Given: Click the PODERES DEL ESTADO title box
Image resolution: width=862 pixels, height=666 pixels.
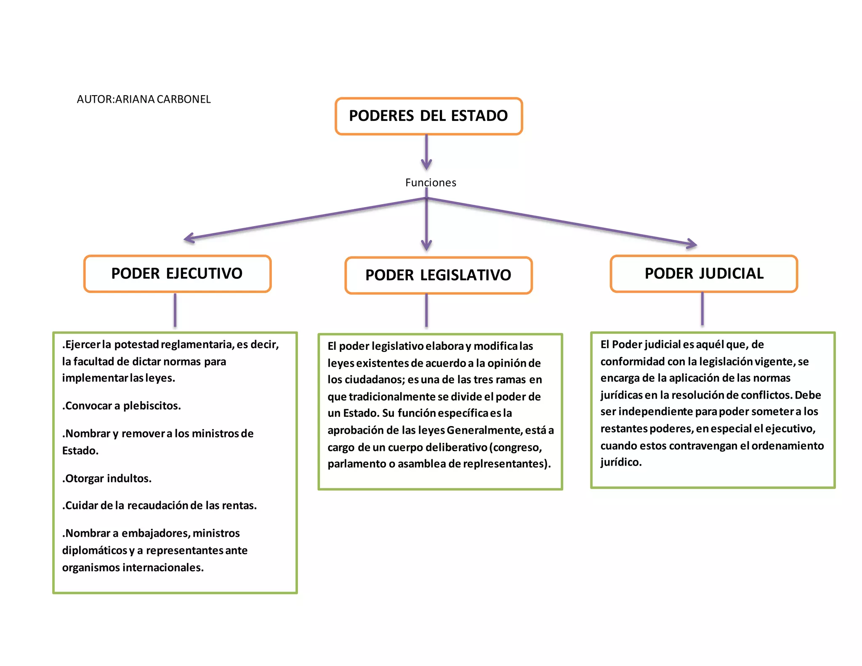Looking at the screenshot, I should click(428, 116).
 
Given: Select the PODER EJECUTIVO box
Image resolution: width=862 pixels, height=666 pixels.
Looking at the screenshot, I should click(177, 274).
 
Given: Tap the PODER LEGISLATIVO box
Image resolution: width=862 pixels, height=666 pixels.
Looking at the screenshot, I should click(438, 275).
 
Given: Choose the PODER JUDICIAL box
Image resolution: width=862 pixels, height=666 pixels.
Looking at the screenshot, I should click(704, 274).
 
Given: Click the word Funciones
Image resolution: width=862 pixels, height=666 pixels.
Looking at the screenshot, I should click(431, 183).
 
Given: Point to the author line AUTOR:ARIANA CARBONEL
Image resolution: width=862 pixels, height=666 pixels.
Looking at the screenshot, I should click(144, 99).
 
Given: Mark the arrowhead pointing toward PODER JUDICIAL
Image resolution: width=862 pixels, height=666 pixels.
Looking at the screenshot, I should click(692, 244).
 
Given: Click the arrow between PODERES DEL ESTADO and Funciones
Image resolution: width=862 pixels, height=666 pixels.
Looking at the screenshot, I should click(426, 152).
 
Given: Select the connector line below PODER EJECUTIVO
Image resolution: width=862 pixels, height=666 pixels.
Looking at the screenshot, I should click(175, 310).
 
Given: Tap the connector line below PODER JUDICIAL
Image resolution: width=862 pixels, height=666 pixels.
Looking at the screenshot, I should click(702, 309).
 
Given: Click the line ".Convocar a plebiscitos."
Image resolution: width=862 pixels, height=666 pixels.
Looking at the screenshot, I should click(122, 406).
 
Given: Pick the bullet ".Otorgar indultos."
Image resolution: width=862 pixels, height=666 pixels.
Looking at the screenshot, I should click(107, 479).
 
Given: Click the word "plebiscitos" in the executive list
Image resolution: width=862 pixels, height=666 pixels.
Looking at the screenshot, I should click(152, 406).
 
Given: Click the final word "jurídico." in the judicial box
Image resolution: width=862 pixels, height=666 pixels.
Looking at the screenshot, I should click(621, 462).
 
